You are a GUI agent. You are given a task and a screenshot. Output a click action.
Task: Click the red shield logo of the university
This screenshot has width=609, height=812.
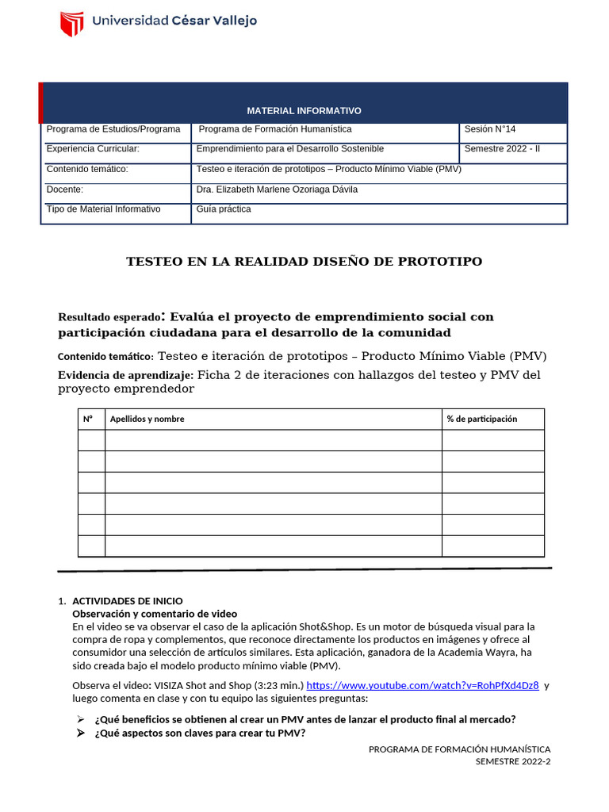(x=72, y=24)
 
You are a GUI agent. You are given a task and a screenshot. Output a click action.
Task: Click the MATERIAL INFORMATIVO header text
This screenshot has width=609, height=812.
(x=304, y=111)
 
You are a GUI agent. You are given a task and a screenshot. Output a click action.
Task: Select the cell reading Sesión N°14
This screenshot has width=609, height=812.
(x=489, y=129)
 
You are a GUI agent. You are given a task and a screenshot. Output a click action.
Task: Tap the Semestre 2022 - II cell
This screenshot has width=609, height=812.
(x=501, y=149)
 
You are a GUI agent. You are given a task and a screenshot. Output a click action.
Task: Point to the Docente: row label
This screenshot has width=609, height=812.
(x=65, y=190)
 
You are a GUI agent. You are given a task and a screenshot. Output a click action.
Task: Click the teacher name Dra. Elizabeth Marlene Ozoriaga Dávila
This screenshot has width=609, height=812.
(x=277, y=190)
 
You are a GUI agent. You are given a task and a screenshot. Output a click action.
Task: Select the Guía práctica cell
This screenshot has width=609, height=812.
(x=224, y=209)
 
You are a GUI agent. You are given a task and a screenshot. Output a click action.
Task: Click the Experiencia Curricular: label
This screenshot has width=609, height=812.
(x=93, y=149)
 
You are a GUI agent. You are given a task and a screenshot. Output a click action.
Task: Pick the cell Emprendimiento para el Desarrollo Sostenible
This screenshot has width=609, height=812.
(x=289, y=149)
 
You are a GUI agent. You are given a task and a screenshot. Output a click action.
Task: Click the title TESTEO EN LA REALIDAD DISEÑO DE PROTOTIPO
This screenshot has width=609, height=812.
(x=304, y=262)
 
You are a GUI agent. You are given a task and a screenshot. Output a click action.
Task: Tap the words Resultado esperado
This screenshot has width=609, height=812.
(x=109, y=317)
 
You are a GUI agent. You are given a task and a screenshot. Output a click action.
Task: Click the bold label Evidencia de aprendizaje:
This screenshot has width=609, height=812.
(x=125, y=375)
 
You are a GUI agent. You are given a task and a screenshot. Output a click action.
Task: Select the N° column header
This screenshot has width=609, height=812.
(x=88, y=419)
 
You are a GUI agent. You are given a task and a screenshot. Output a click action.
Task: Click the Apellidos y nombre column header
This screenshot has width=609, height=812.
(x=147, y=419)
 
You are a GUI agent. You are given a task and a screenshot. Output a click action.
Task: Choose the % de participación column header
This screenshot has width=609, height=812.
(x=481, y=419)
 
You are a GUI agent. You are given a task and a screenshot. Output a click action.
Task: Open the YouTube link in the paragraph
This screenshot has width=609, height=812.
(x=422, y=686)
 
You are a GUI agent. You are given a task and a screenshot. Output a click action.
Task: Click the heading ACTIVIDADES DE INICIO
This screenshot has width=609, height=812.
(x=127, y=601)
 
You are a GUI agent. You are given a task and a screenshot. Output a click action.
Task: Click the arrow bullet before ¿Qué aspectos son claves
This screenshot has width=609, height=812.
(x=81, y=733)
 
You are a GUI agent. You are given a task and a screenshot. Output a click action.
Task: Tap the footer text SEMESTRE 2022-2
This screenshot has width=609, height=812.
(x=512, y=761)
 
